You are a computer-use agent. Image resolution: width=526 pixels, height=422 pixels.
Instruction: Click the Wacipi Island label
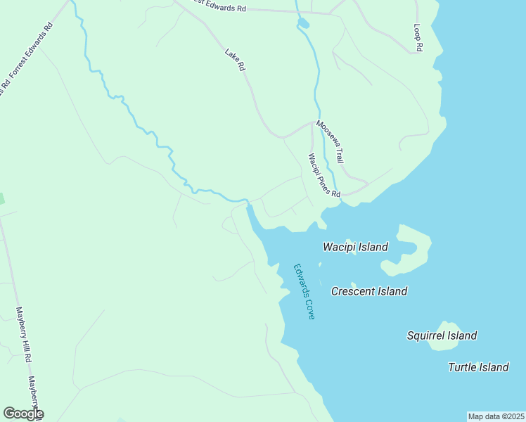tap(355, 247)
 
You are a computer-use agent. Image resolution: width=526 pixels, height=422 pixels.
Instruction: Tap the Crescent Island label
tap(369, 291)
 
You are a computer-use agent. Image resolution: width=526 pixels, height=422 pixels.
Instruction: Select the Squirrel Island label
tap(442, 336)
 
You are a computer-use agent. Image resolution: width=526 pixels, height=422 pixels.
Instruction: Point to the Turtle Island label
tap(478, 367)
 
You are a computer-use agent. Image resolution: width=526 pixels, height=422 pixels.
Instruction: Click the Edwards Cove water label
tap(304, 291)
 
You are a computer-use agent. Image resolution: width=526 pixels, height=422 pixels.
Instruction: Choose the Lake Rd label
tap(235, 59)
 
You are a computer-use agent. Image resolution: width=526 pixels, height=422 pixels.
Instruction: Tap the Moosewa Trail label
tap(331, 141)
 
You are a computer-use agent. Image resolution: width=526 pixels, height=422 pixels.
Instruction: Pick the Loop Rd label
tap(418, 37)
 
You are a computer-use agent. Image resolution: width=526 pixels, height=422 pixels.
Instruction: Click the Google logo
tap(23, 414)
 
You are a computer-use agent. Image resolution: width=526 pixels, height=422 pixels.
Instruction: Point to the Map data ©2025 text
tap(496, 416)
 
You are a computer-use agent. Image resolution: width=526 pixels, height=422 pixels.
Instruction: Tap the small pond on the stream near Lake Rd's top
tap(303, 25)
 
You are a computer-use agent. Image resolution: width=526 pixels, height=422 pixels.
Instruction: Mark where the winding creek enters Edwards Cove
tap(248, 205)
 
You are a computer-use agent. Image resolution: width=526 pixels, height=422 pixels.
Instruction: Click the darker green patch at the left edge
tap(1, 198)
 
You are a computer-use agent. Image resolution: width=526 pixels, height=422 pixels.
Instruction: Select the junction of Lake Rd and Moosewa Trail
tap(312, 122)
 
